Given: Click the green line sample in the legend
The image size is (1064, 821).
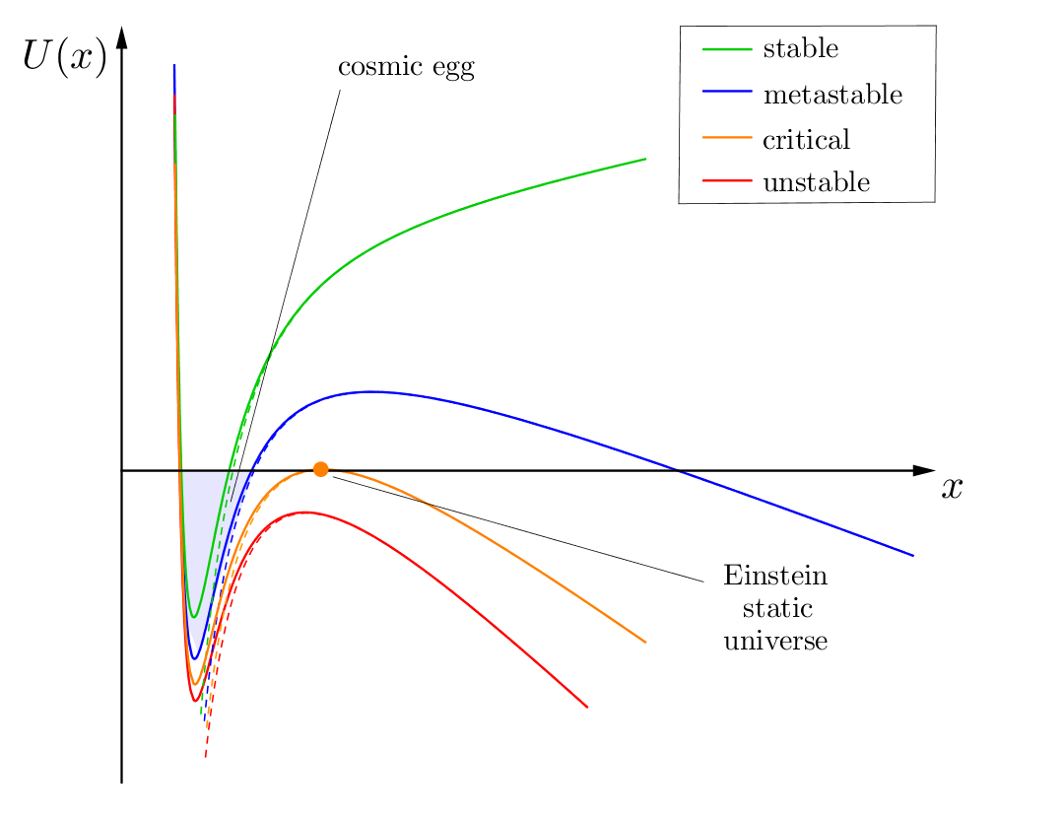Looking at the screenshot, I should [727, 48].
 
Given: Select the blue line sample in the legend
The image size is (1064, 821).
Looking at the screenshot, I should [727, 91].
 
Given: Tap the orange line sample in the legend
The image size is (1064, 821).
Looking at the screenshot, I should [727, 137].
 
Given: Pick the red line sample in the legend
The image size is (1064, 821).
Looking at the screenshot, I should [727, 180].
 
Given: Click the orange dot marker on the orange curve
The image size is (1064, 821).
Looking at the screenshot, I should [320, 469].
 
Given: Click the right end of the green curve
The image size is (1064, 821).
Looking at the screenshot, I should [646, 159].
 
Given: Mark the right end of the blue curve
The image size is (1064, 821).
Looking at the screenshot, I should [913, 556].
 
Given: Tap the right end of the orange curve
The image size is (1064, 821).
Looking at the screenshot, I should [646, 643].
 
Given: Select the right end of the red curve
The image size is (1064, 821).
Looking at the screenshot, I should [588, 707].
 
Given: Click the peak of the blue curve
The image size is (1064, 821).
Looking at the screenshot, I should [372, 391].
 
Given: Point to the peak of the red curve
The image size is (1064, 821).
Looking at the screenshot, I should [303, 512].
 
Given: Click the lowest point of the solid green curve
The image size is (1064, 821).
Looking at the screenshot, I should [194, 617].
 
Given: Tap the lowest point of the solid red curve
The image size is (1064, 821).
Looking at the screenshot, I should [195, 701].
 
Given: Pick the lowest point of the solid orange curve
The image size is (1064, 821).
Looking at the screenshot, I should [195, 684].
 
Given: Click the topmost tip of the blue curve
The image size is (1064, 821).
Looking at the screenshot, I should [174, 66].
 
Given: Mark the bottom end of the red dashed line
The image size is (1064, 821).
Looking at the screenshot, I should [205, 757].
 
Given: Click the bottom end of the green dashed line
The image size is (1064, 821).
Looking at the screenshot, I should [200, 716].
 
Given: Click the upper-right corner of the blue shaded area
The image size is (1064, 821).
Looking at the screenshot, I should [254, 473].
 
